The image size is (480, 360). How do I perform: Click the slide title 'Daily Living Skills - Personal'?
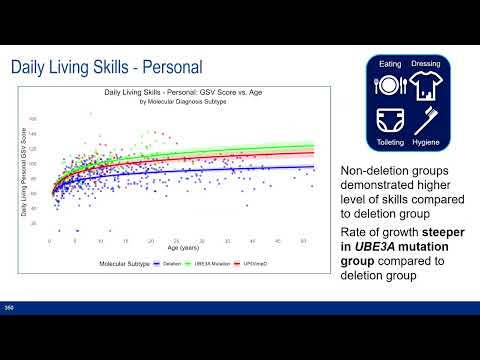click(107, 67)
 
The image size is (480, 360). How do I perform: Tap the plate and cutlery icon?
click(389, 85)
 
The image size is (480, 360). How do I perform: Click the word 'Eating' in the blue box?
click(389, 64)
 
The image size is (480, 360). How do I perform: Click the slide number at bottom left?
click(9, 306)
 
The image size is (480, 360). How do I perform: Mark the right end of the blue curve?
click(313, 167)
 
